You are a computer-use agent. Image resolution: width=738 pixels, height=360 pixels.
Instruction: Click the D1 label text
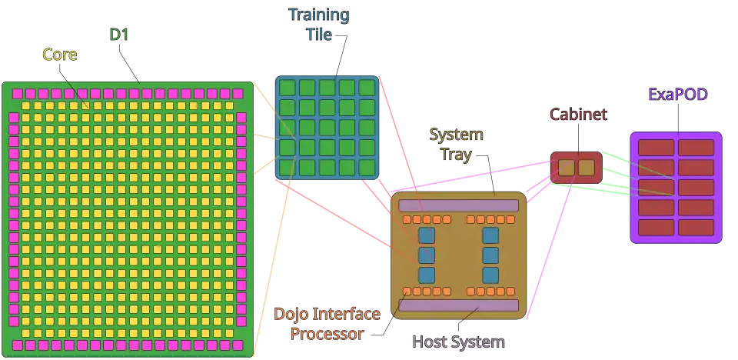(118, 35)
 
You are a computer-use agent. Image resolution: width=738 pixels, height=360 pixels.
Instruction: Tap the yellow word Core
(61, 54)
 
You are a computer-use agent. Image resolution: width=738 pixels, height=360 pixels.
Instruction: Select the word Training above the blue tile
(318, 15)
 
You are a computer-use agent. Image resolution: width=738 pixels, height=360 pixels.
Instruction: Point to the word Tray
(456, 155)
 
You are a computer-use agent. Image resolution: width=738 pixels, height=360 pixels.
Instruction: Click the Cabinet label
(578, 115)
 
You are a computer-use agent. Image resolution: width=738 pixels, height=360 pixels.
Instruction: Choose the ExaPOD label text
(677, 95)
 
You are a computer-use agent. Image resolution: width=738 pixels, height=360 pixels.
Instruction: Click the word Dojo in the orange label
(290, 314)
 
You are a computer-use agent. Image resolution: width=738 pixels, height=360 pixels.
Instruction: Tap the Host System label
(458, 342)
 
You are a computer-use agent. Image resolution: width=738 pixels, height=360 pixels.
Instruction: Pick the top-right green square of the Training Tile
(367, 88)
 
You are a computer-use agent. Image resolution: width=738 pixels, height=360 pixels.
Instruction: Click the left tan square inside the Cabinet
(567, 168)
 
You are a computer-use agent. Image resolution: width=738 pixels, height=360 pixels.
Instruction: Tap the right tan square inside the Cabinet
(586, 168)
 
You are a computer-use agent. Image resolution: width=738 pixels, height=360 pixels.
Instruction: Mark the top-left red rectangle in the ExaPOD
(656, 147)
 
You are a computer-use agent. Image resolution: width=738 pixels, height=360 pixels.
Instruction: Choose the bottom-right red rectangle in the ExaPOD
(696, 228)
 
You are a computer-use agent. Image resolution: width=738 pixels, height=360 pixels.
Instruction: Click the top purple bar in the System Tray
(458, 205)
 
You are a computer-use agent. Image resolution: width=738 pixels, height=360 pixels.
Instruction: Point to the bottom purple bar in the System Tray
(458, 305)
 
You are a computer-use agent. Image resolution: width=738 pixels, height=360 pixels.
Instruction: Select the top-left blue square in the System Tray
(427, 235)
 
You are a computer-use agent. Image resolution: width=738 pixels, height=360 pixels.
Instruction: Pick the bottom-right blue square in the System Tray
(490, 275)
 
